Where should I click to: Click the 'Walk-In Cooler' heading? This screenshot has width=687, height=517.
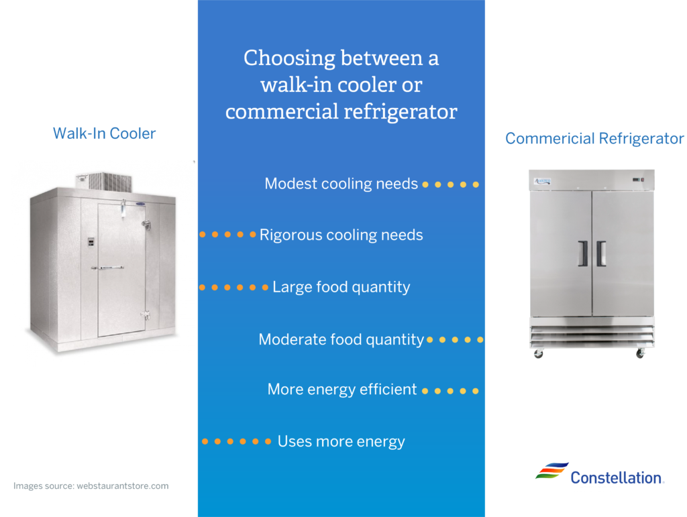104,133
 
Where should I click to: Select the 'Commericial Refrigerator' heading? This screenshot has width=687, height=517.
594,139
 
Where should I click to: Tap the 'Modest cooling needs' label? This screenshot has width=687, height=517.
341,184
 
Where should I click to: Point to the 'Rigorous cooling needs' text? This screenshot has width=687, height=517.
341,235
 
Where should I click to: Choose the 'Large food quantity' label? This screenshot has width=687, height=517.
341,287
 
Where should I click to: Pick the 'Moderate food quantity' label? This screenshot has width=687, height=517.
341,339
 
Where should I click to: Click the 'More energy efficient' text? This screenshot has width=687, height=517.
342,389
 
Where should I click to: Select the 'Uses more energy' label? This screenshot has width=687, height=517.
341,441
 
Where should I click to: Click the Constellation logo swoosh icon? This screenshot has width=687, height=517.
552,471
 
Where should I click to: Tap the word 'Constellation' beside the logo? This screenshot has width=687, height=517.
616,477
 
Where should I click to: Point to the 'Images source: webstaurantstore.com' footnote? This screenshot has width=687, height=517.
91,486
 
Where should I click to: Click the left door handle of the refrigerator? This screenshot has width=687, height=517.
583,253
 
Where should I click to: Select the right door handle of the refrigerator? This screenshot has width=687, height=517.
601,253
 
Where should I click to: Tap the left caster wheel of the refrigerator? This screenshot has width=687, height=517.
539,353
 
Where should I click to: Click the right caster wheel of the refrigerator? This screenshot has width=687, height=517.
640,353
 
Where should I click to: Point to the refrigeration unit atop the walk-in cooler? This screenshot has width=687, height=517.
104,182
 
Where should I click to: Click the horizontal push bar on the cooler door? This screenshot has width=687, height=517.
108,268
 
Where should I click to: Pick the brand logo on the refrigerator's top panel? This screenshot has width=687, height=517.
542,181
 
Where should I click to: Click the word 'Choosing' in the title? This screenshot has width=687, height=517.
289,58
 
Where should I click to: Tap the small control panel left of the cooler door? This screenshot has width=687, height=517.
91,241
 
